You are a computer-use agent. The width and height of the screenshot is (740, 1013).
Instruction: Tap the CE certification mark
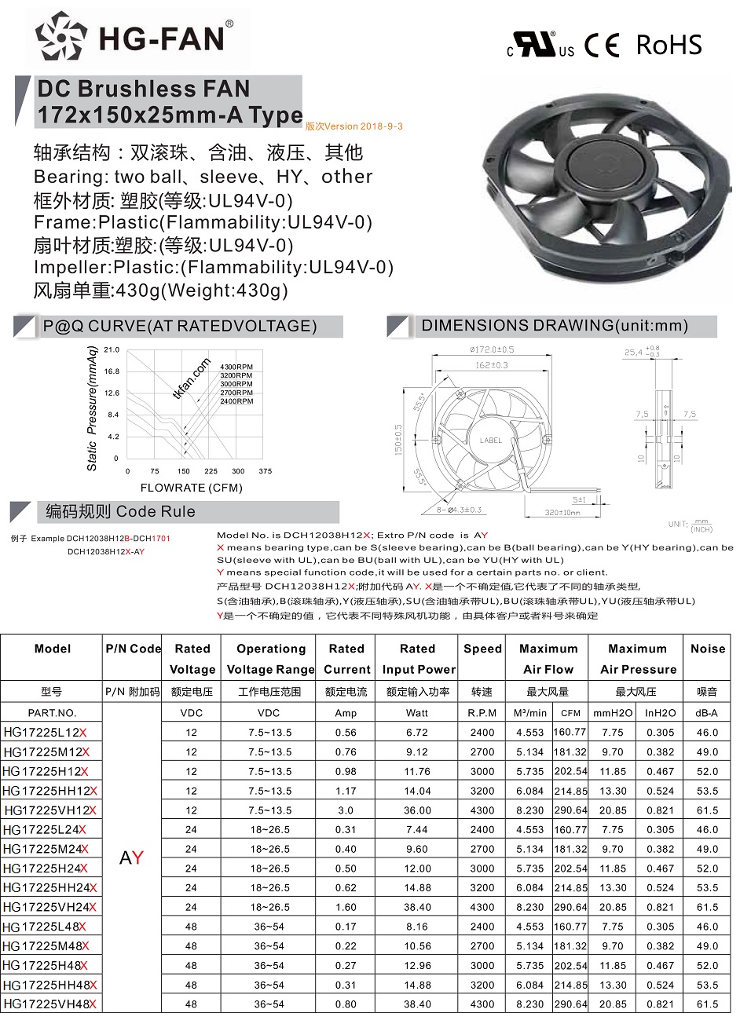[602, 45]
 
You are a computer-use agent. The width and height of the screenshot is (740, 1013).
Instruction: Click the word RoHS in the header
[669, 45]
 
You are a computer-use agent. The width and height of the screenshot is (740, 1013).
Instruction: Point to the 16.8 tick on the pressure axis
[112, 371]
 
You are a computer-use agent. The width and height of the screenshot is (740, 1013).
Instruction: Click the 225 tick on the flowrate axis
[211, 471]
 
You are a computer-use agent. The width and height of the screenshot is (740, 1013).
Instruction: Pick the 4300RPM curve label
[236, 368]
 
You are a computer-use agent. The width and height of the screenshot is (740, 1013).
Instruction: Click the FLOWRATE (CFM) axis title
[191, 488]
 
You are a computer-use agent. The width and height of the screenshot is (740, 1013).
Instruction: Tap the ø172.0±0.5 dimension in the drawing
[491, 349]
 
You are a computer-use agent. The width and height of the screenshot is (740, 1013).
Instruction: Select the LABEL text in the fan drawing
[490, 441]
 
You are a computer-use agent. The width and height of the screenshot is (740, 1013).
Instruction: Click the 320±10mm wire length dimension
[562, 513]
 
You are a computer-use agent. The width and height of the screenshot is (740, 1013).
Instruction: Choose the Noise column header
[708, 649]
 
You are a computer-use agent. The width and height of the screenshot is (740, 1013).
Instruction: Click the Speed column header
[482, 649]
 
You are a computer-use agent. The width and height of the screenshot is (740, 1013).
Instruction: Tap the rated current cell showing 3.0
[346, 810]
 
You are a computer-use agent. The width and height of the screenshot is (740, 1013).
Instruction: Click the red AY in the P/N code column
[131, 858]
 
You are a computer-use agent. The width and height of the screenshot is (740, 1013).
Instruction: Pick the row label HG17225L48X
[45, 927]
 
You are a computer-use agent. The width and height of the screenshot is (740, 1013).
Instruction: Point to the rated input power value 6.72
[417, 733]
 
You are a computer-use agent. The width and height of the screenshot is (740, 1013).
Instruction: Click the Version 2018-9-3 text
[354, 126]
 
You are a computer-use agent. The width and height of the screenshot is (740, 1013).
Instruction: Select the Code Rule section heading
[120, 512]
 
